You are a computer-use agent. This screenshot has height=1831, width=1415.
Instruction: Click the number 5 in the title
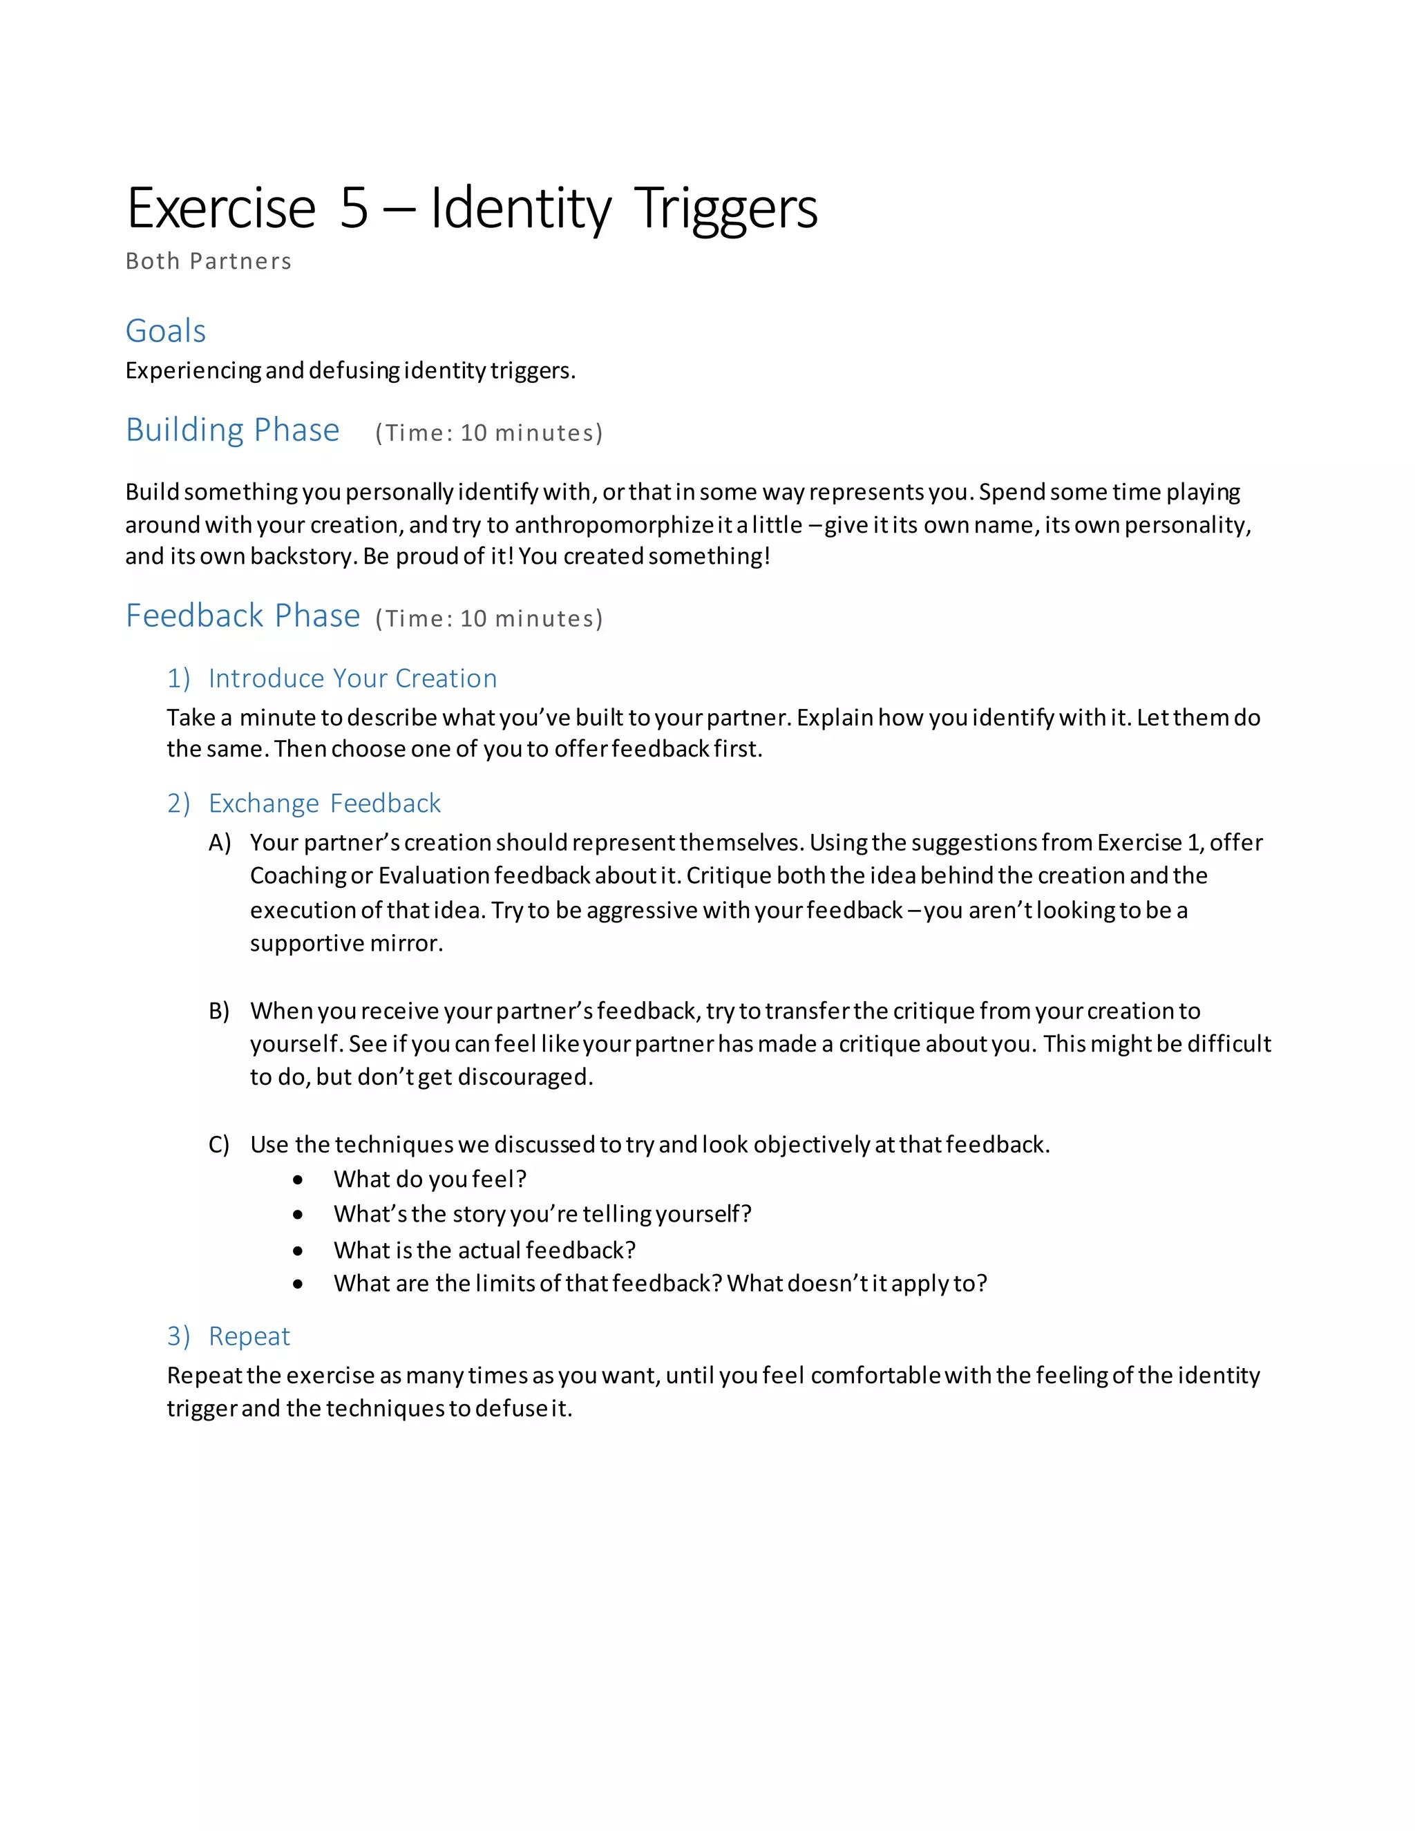pyautogui.click(x=354, y=209)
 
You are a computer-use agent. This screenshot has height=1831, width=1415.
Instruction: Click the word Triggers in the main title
pyautogui.click(x=725, y=209)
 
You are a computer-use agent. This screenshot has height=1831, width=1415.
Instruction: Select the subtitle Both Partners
pyautogui.click(x=208, y=262)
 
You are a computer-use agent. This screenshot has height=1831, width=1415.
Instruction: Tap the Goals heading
pyautogui.click(x=165, y=331)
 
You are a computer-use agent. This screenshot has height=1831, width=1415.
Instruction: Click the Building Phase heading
pyautogui.click(x=232, y=430)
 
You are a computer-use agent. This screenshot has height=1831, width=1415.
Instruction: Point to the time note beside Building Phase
pyautogui.click(x=488, y=433)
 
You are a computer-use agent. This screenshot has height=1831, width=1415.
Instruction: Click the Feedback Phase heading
pyautogui.click(x=243, y=616)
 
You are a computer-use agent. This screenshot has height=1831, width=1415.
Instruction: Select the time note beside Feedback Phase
pyautogui.click(x=488, y=618)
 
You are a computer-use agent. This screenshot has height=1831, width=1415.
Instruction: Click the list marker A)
pyautogui.click(x=220, y=842)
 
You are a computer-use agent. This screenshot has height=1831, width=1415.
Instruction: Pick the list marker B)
pyautogui.click(x=220, y=1011)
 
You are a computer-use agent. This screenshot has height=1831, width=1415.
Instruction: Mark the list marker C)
pyautogui.click(x=220, y=1145)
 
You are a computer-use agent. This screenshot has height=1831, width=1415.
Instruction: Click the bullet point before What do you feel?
pyautogui.click(x=298, y=1180)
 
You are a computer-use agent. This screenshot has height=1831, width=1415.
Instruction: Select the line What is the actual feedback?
pyautogui.click(x=484, y=1250)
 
